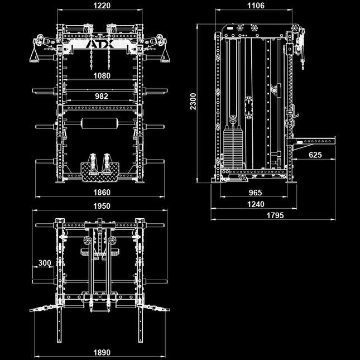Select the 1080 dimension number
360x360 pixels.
pyautogui.click(x=102, y=75)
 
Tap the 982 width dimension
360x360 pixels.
pyautogui.click(x=102, y=96)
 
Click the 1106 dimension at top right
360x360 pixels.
pyautogui.click(x=255, y=6)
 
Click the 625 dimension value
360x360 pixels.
pyautogui.click(x=315, y=155)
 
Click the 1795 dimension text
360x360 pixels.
pyautogui.click(x=275, y=215)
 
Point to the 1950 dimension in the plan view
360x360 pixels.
pyautogui.click(x=102, y=205)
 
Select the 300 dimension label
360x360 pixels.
pyautogui.click(x=45, y=263)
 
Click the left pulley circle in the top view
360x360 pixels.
pyautogui.click(x=88, y=241)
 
